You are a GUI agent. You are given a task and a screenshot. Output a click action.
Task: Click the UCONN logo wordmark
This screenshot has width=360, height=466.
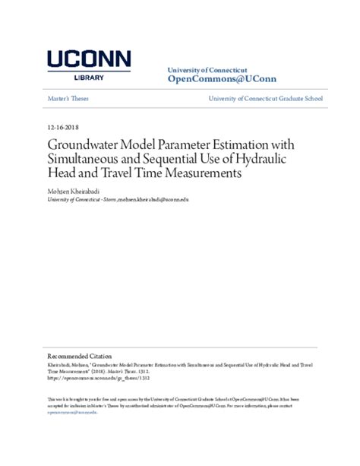tap(89, 60)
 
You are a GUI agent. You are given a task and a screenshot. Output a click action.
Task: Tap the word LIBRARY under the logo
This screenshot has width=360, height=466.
tap(89, 77)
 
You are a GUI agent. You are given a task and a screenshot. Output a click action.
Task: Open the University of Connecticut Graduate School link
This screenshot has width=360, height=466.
tap(271, 99)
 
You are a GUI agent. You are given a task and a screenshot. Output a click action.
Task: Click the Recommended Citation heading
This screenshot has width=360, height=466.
tap(80, 356)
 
